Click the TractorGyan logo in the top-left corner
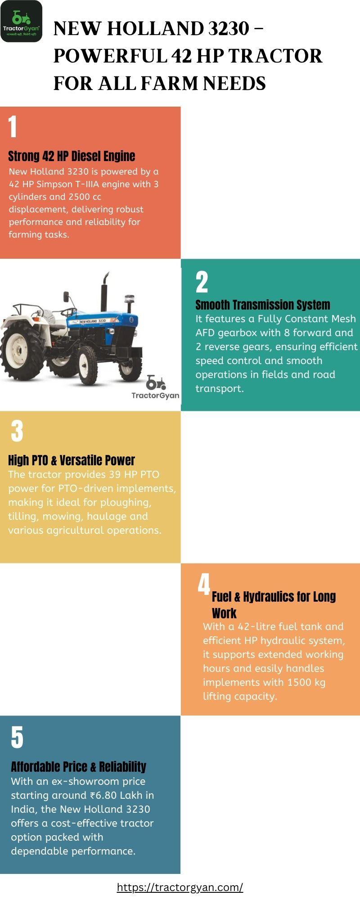pyautogui.click(x=21, y=21)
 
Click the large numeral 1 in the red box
pyautogui.click(x=13, y=126)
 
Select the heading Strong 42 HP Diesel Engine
pyautogui.click(x=72, y=156)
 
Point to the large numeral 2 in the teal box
pyautogui.click(x=202, y=282)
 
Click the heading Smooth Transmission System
pyautogui.click(x=263, y=305)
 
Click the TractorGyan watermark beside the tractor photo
pyautogui.click(x=155, y=387)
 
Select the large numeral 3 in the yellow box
pyautogui.click(x=17, y=431)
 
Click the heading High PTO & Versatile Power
pyautogui.click(x=72, y=460)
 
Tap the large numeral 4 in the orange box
pyautogui.click(x=204, y=585)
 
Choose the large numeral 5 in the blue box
pyautogui.click(x=17, y=737)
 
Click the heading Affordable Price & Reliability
pyautogui.click(x=78, y=766)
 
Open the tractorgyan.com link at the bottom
pyautogui.click(x=180, y=887)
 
